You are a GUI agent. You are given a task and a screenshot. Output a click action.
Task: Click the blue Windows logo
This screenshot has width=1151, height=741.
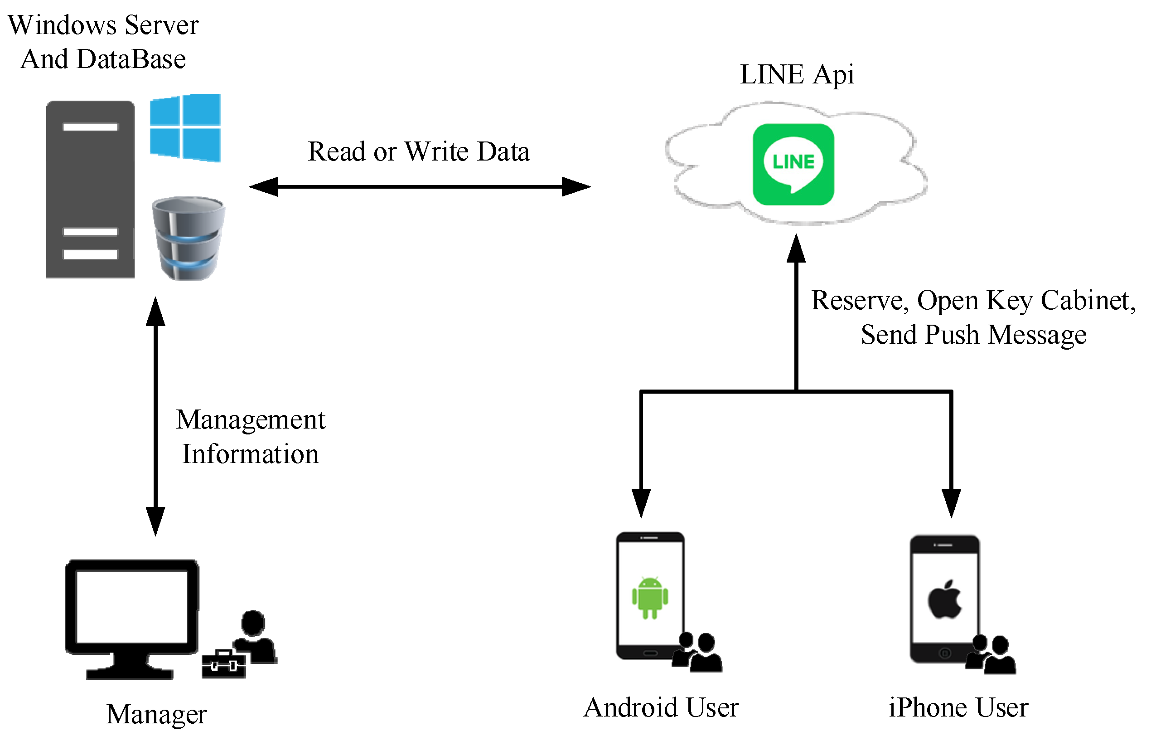185,128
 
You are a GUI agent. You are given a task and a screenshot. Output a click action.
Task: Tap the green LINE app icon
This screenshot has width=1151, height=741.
793,165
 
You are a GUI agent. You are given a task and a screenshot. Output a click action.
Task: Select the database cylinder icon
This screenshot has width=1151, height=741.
188,238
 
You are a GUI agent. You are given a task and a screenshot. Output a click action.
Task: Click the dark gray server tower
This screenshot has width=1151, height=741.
90,189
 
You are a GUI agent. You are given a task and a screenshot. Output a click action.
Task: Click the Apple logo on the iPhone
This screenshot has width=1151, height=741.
944,600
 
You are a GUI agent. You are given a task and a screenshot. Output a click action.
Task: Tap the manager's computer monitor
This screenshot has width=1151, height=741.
132,608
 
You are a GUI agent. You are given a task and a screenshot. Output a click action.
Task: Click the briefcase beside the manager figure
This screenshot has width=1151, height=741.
223,664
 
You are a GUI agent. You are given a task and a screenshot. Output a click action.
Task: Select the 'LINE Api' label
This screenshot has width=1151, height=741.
797,74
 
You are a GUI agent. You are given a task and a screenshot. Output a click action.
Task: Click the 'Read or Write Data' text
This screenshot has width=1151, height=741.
418,151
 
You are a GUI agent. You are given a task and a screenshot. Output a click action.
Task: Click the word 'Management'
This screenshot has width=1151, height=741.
251,419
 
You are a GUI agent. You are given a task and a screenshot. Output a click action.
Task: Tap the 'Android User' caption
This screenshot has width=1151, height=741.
661,708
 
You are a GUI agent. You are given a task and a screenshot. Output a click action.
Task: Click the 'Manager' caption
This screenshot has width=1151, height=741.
156,714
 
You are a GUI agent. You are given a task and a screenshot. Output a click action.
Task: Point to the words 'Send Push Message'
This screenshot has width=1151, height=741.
973,335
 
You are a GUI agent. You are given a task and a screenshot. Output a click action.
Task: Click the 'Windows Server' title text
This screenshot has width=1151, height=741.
103,25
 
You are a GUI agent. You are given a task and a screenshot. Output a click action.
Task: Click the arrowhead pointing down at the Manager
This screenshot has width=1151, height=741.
155,521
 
